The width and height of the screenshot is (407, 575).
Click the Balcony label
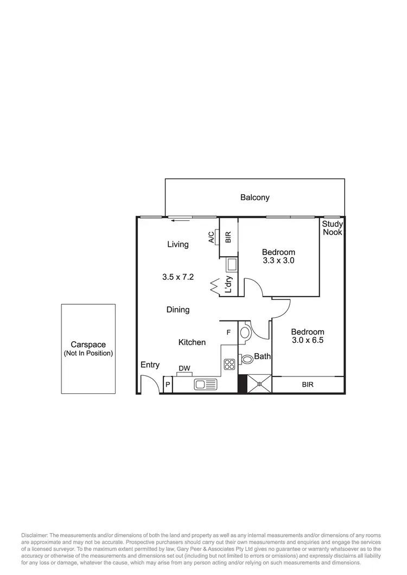click(255, 197)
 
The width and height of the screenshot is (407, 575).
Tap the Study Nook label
click(332, 228)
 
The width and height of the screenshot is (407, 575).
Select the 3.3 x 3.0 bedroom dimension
click(278, 260)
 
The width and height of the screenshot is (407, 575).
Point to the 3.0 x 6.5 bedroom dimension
click(308, 340)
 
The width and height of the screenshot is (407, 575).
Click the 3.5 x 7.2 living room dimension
click(178, 277)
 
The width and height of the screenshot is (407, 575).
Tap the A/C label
click(211, 238)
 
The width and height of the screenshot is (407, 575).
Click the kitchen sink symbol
click(206, 385)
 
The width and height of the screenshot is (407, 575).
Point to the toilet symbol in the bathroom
click(247, 359)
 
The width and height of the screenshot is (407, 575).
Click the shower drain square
click(259, 384)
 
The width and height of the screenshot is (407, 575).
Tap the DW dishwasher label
click(185, 368)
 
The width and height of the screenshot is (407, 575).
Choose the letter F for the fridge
click(228, 332)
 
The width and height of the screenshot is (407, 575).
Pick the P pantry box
click(168, 385)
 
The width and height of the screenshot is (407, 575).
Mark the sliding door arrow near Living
click(175, 221)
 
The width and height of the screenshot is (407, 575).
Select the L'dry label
click(229, 285)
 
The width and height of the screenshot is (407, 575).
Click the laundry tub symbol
click(231, 264)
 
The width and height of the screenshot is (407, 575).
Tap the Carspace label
click(88, 344)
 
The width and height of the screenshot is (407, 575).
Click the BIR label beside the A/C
click(228, 237)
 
